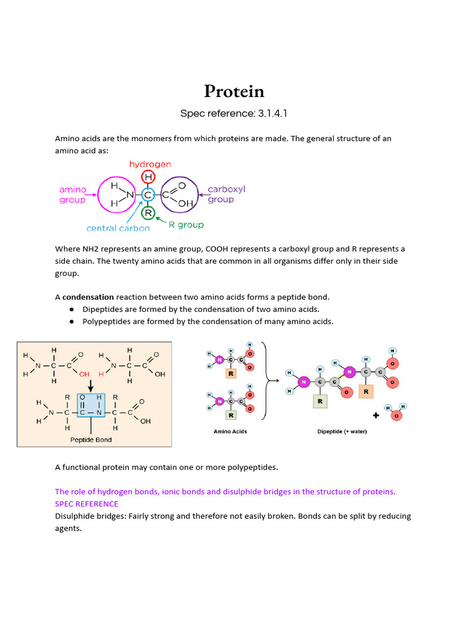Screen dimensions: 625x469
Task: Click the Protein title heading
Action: (234, 92)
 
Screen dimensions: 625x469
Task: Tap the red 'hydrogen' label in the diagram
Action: (150, 164)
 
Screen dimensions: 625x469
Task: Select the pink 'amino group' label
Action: (73, 195)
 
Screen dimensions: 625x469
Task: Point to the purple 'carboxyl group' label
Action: (225, 194)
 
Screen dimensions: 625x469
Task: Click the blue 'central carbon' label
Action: (118, 229)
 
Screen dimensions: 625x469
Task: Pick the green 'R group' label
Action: (186, 225)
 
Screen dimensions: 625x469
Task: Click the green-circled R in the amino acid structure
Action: (148, 213)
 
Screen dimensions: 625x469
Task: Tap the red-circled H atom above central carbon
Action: (148, 177)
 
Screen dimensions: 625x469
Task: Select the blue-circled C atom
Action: (148, 195)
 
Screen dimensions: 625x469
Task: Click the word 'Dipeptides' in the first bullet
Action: (103, 309)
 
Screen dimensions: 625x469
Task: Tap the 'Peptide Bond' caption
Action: (91, 439)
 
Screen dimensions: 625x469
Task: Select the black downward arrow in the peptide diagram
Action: (90, 385)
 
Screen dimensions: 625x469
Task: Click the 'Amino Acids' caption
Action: (230, 432)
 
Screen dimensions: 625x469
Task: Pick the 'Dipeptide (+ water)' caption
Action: (342, 432)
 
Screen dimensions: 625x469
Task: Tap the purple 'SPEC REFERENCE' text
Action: (86, 504)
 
